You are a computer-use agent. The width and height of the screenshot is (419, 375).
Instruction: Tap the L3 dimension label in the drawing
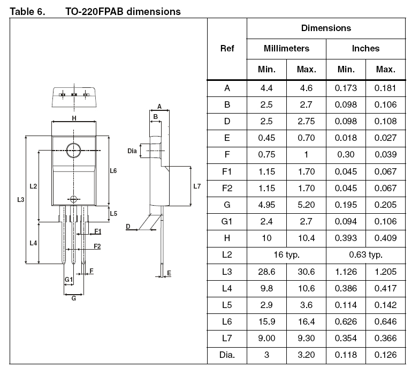pyautogui.click(x=20, y=199)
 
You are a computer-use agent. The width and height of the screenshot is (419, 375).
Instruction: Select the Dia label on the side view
pyautogui.click(x=132, y=151)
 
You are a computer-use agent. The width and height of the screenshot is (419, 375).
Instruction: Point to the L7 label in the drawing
pyautogui.click(x=197, y=186)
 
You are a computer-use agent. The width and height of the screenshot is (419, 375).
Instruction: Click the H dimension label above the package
pyautogui.click(x=74, y=118)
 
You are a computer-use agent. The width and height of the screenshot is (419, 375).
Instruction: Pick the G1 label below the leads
pyautogui.click(x=68, y=280)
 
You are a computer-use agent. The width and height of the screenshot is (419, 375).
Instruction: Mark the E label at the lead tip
pyautogui.click(x=169, y=273)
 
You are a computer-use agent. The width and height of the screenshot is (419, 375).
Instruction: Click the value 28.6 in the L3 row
pyautogui.click(x=266, y=272)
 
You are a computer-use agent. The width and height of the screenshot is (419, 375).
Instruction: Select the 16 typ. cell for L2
pyautogui.click(x=286, y=254)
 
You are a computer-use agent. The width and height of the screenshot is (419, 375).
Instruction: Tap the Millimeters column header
pyautogui.click(x=286, y=48)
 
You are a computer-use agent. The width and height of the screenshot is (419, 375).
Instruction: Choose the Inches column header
pyautogui.click(x=365, y=48)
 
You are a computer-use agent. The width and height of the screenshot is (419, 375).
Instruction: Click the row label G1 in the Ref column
pyautogui.click(x=227, y=221)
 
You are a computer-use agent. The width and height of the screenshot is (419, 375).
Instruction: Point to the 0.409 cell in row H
pyautogui.click(x=385, y=238)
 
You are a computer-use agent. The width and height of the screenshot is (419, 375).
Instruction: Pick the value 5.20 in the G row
pyautogui.click(x=306, y=205)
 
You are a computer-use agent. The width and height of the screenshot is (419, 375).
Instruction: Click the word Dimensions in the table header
pyautogui.click(x=326, y=28)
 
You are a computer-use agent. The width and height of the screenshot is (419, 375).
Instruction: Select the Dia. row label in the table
pyautogui.click(x=227, y=355)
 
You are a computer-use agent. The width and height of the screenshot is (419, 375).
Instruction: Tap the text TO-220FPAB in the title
pyautogui.click(x=95, y=12)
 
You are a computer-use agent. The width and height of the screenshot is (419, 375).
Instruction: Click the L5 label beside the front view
pyautogui.click(x=113, y=213)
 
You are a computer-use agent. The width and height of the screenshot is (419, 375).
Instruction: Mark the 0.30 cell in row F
pyautogui.click(x=346, y=155)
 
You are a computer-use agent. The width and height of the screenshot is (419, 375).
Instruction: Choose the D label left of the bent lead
pyautogui.click(x=128, y=227)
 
